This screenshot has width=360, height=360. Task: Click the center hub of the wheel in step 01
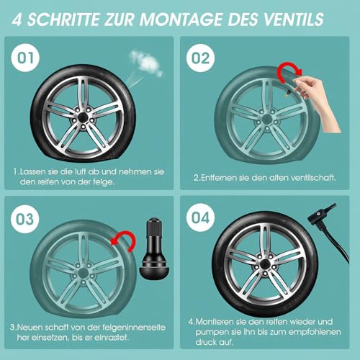pos(81,112)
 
